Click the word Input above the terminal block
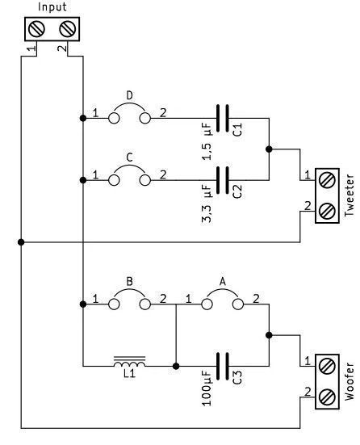[x=52, y=6]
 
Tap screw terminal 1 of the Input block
[x=37, y=29]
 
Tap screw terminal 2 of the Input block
[x=68, y=29]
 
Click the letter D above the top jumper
[x=129, y=95]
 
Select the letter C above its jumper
[x=129, y=157]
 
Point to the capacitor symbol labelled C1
[x=223, y=118]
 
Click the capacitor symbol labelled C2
[x=223, y=180]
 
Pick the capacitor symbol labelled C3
[x=223, y=366]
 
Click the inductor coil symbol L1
[x=129, y=362]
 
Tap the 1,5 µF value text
[x=207, y=141]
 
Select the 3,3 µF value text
[x=207, y=204]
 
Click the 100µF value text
[x=207, y=388]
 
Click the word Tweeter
[x=350, y=195]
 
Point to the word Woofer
[x=350, y=381]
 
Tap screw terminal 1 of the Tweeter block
[x=327, y=180]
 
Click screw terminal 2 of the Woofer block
[x=327, y=397]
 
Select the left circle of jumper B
[x=114, y=304]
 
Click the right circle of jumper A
[x=238, y=304]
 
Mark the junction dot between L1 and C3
[x=176, y=366]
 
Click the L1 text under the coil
[x=130, y=374]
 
